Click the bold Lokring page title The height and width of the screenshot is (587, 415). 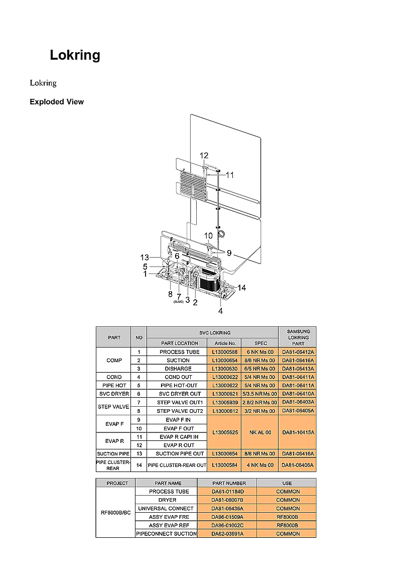click(75, 55)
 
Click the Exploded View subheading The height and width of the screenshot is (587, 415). click(57, 102)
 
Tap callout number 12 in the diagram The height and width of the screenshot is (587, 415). click(204, 156)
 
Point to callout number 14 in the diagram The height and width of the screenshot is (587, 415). click(242, 288)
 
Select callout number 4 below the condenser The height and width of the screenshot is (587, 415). click(220, 311)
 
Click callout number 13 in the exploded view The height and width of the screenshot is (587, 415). click(145, 258)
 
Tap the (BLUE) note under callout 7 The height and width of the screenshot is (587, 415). click(178, 302)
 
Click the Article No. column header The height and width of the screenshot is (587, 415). click(224, 343)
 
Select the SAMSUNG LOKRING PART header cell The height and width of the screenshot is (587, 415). click(298, 337)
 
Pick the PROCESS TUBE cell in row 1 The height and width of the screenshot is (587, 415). click(179, 352)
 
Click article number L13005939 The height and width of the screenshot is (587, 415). click(224, 402)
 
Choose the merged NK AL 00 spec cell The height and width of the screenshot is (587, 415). click(260, 432)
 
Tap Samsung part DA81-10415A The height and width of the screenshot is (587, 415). click(298, 432)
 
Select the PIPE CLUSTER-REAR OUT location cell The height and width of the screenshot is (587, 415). click(177, 465)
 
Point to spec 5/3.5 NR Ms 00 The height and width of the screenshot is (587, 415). click(260, 394)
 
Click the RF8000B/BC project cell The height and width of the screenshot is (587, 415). click(115, 513)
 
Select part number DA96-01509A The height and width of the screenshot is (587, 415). click(227, 517)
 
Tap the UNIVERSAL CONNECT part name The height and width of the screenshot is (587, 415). click(166, 509)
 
